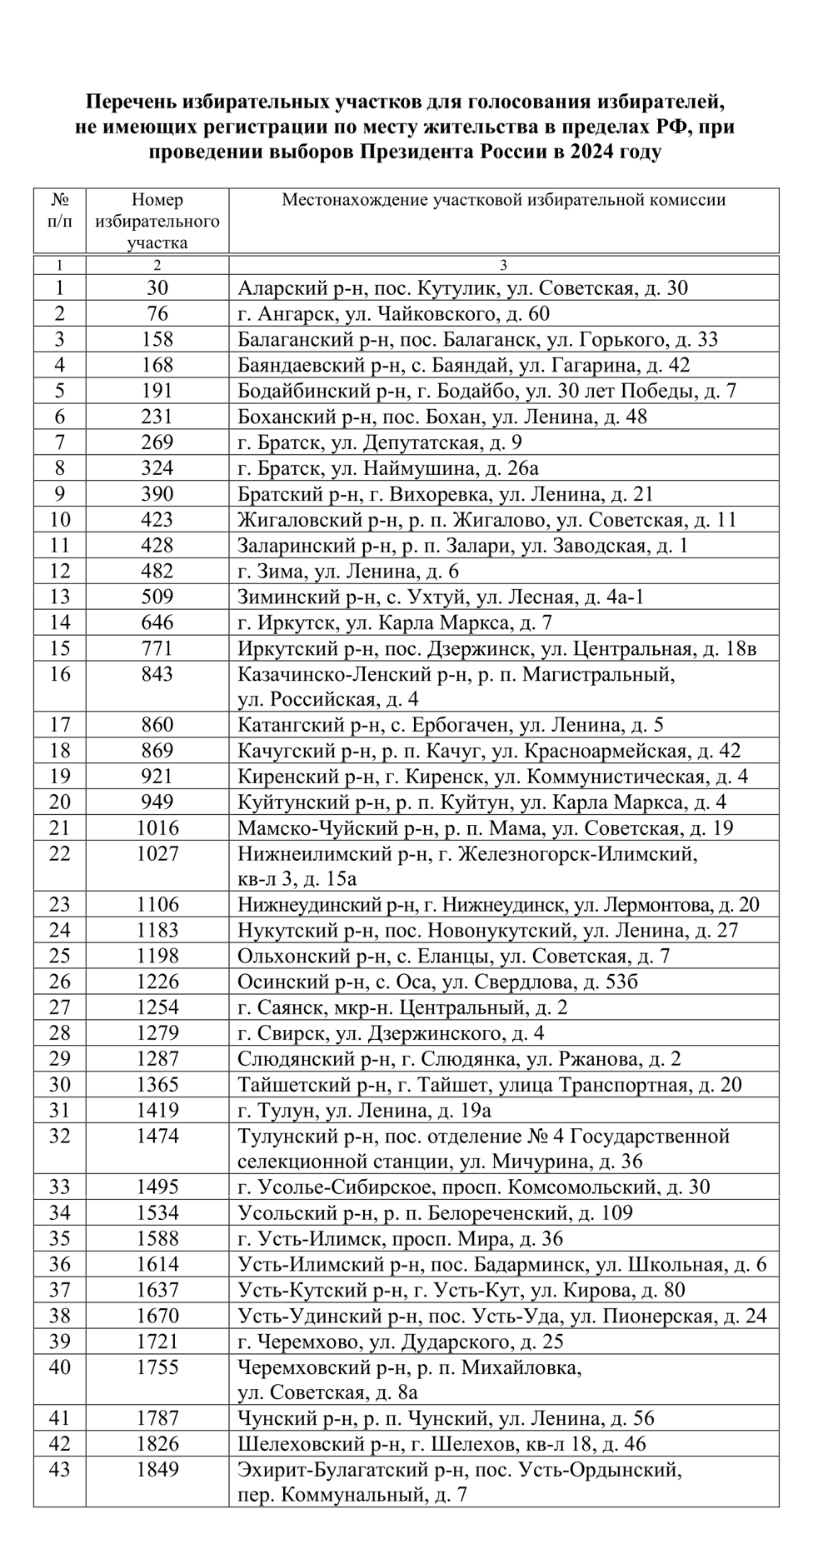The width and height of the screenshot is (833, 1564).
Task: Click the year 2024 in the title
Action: coord(593,152)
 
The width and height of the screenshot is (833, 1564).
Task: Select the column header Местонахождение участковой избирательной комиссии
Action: coord(503,200)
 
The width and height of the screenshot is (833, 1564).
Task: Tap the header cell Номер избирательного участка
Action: coord(157,221)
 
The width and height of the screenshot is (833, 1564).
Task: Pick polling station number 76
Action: coord(157,314)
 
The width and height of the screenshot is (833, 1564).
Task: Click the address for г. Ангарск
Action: coord(393,314)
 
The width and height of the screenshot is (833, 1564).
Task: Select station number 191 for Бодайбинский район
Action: coord(157,391)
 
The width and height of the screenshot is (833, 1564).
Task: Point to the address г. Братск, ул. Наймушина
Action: coord(388,468)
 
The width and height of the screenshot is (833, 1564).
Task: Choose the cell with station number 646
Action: coord(157,622)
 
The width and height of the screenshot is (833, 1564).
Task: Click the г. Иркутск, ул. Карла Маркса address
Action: coord(395,622)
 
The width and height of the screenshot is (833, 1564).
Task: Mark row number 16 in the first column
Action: coord(60,674)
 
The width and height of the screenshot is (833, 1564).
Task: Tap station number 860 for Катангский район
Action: coord(157,725)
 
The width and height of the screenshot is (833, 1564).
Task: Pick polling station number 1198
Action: coord(157,956)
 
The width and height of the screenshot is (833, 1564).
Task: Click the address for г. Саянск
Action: coord(402,1007)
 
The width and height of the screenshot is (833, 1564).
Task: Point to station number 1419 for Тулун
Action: coord(157,1110)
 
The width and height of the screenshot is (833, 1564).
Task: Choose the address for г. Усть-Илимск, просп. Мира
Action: coord(400,1238)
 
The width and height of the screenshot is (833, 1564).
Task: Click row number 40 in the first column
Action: coord(60,1367)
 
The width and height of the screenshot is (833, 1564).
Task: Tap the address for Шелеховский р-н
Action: coord(441,1444)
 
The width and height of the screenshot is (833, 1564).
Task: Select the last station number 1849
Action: coord(157,1470)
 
